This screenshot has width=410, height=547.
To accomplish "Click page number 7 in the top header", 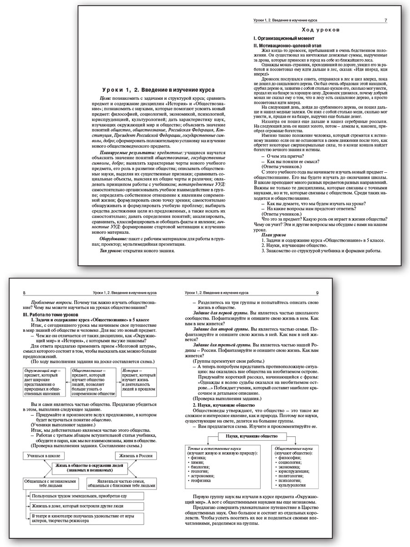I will coord(386,21).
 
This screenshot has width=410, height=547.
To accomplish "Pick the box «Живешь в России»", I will coord(135,455).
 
